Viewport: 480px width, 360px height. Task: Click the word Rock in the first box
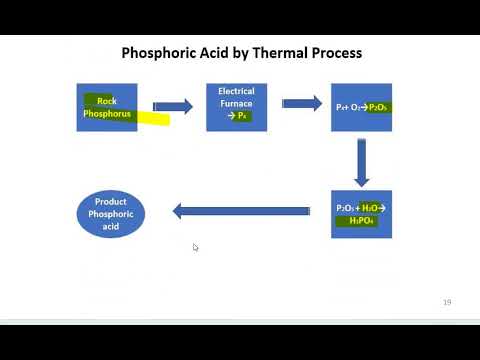click(106, 101)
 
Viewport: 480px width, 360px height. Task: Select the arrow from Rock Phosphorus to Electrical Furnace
click(172, 106)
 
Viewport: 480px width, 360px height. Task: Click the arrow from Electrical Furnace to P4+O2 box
click(301, 103)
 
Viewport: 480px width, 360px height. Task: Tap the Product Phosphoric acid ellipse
click(110, 214)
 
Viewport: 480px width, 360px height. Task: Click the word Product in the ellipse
click(110, 202)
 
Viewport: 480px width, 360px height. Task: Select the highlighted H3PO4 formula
click(360, 220)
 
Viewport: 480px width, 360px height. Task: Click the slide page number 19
click(447, 301)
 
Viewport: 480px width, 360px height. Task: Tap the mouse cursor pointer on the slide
click(195, 247)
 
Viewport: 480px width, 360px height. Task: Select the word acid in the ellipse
click(110, 227)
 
